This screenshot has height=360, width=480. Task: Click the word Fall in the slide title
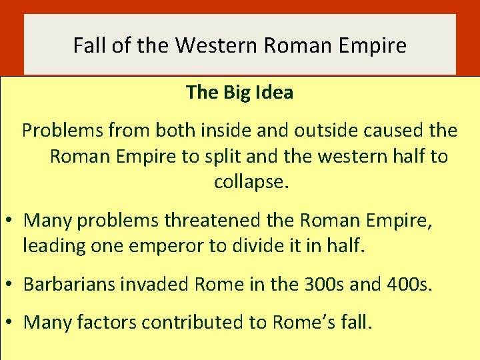87,46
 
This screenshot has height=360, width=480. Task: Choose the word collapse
251,182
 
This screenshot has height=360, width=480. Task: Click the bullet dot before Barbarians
11,284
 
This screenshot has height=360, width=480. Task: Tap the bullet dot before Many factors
11,322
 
